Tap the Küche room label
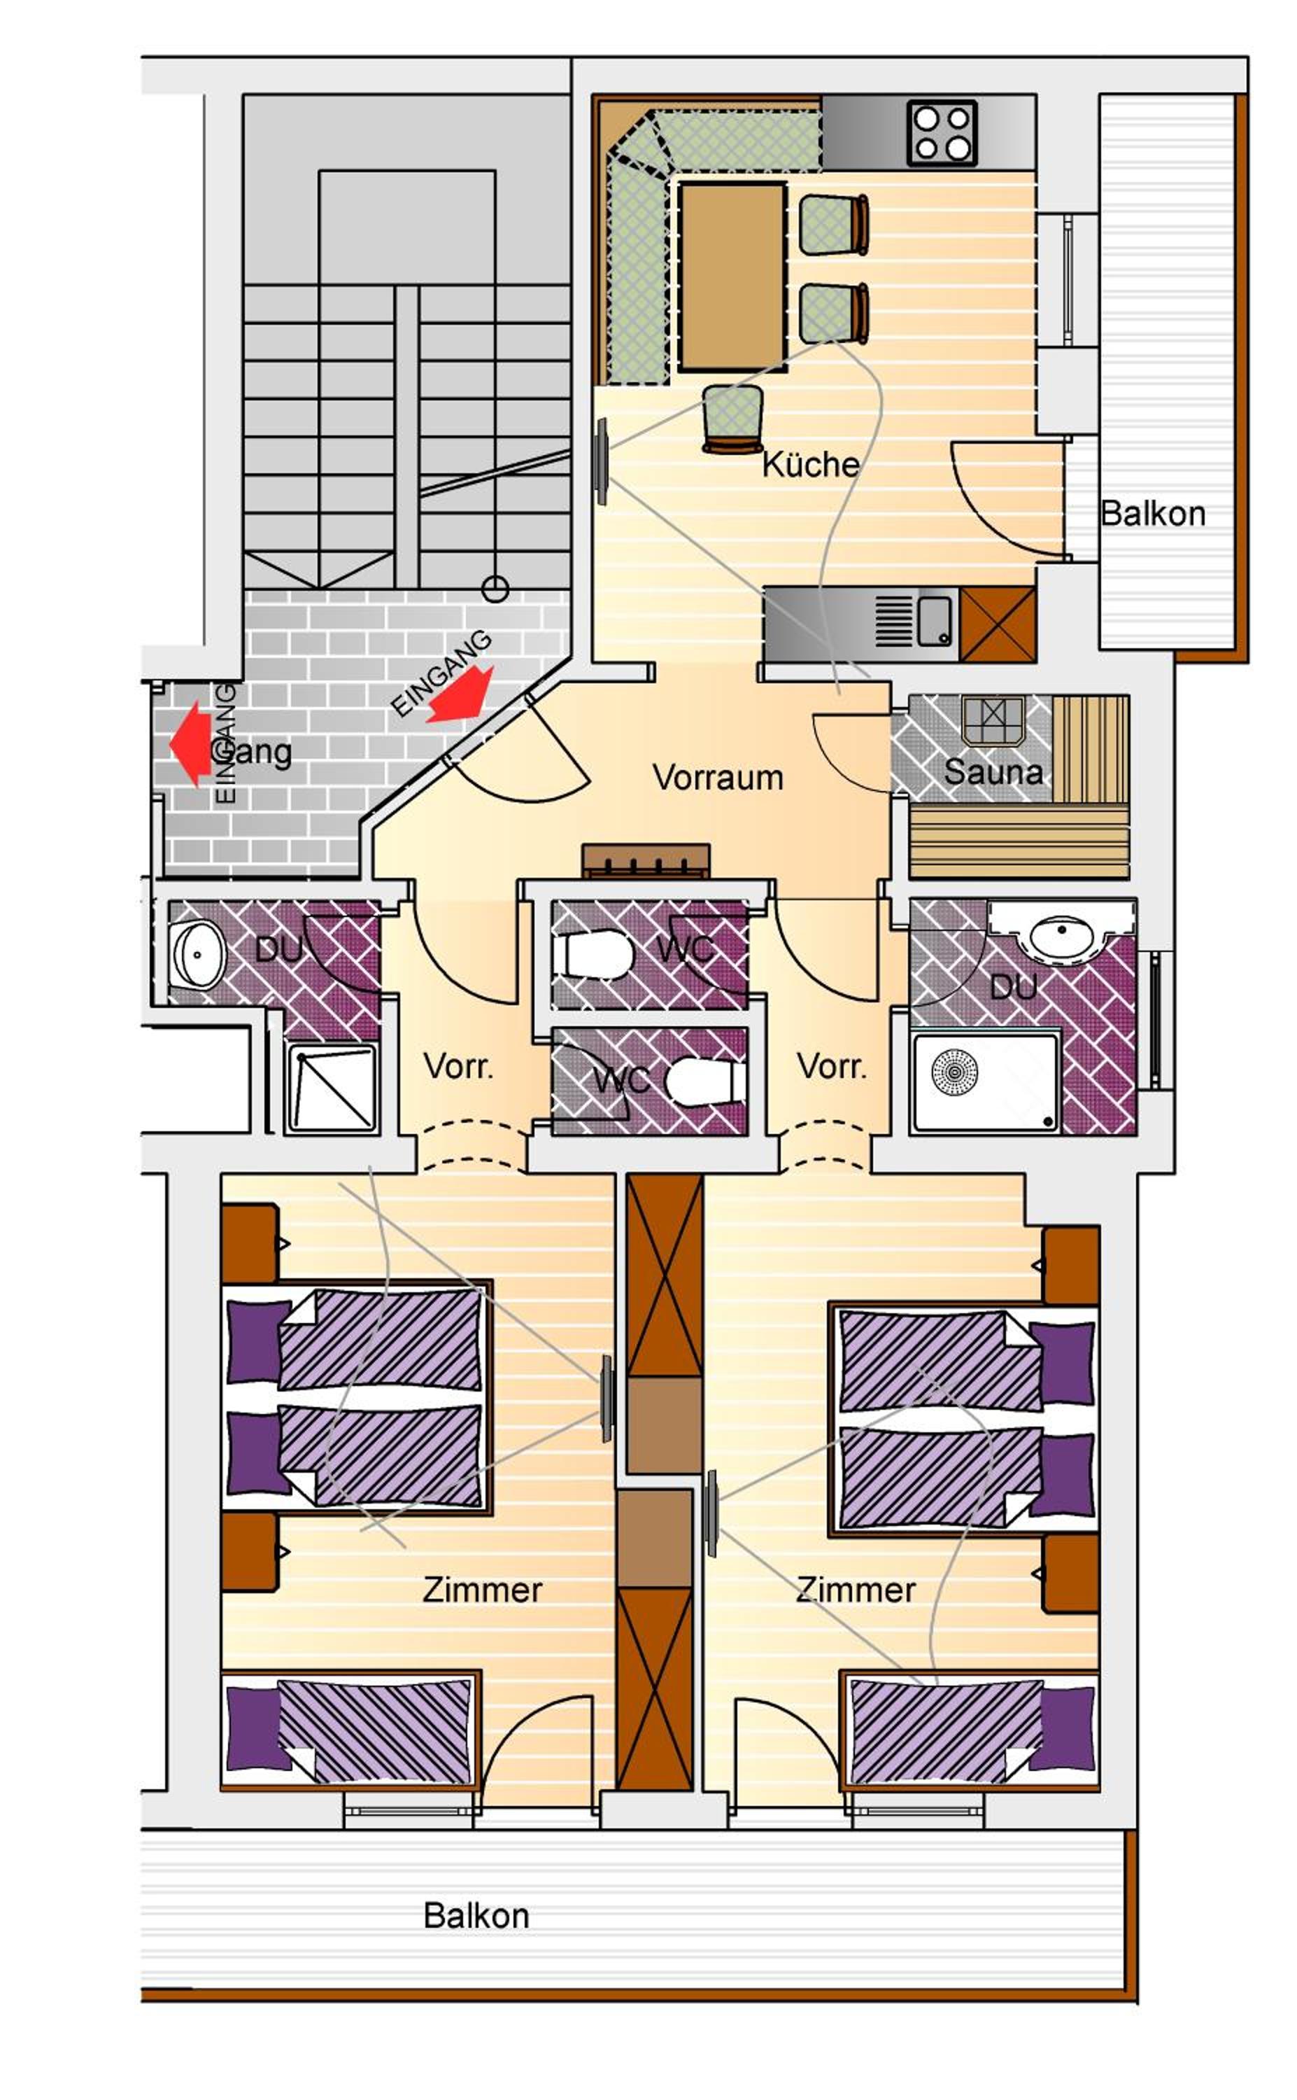[811, 464]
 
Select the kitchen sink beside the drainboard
[934, 622]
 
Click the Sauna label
[993, 771]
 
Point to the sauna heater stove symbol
[993, 719]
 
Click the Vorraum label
[718, 778]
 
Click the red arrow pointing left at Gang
[190, 743]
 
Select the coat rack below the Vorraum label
[646, 861]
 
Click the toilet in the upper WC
[594, 953]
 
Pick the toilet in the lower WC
[706, 1081]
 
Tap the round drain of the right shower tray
[953, 1071]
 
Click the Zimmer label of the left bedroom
[482, 1590]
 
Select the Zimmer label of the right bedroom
[856, 1590]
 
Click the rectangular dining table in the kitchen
[732, 276]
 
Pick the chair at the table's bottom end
[732, 419]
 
